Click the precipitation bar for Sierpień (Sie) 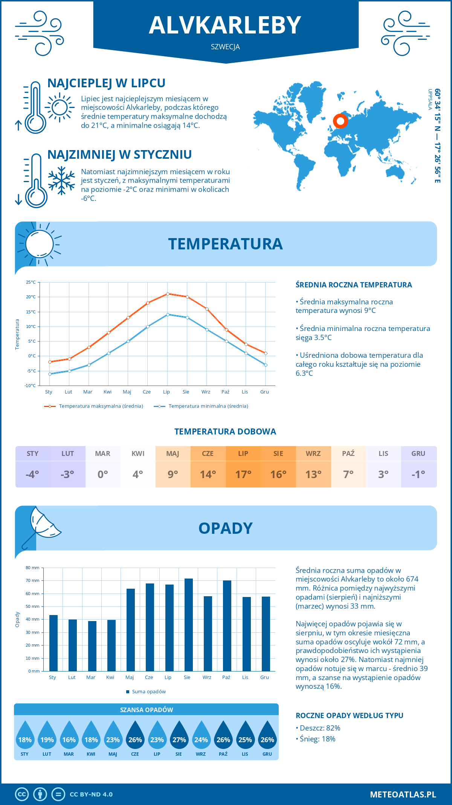(x=188, y=624)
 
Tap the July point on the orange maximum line (x=168, y=294)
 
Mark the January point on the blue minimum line (x=50, y=374)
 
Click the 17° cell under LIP (x=243, y=474)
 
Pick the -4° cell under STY (x=33, y=474)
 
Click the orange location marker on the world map (x=341, y=121)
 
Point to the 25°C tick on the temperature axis (x=31, y=282)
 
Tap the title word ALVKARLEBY (x=225, y=25)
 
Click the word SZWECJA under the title (x=225, y=47)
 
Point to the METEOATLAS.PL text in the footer (x=403, y=794)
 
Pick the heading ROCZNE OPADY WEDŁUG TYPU (x=349, y=715)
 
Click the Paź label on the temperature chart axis (x=225, y=392)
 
